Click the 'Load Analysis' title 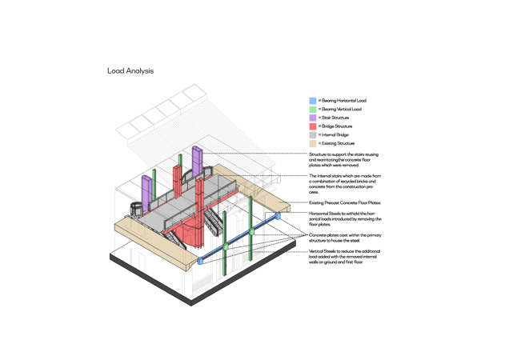130,71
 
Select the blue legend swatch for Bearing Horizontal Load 313,101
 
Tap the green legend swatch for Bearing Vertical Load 313,110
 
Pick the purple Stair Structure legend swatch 313,118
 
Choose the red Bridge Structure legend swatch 313,126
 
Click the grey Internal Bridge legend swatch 313,135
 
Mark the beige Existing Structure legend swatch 313,143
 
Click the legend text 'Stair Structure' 335,118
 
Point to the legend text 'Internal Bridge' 335,134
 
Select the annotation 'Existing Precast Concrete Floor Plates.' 345,203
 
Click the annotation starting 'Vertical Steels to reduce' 344,257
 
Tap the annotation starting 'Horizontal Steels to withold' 345,219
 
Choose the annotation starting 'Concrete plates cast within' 345,238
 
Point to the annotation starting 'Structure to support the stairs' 344,160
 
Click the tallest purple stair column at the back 198,162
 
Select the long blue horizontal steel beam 238,238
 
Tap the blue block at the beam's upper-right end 278,215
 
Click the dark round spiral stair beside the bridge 136,210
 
